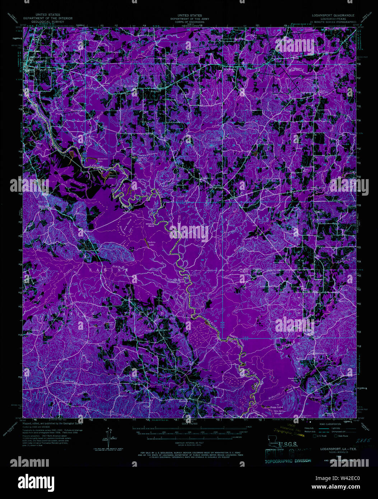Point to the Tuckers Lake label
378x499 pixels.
151,244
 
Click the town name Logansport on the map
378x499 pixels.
40,61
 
